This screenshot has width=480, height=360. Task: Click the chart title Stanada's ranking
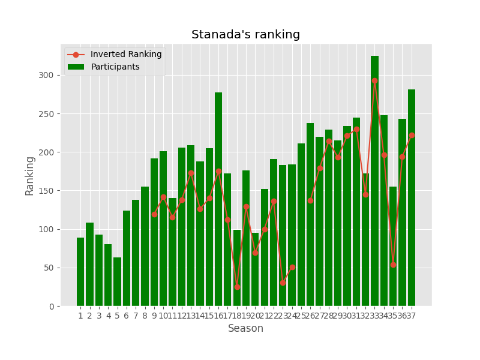pos(245,35)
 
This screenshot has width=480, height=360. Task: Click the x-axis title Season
pos(245,329)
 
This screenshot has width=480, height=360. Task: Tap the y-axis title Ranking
pos(30,175)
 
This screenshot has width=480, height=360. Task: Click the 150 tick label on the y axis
pos(50,191)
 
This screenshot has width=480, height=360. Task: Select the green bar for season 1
pos(80,272)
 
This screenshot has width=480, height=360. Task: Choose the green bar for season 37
pos(412,198)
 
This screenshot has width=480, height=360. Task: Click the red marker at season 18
pos(237,287)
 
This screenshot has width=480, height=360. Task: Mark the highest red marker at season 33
pos(374,80)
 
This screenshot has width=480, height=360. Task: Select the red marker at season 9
pos(154,214)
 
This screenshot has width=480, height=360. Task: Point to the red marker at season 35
pos(393,265)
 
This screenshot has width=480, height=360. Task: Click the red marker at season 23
pos(283,283)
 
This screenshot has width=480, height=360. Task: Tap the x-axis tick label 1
pos(80,316)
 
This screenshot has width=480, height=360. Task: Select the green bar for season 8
pos(145,246)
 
